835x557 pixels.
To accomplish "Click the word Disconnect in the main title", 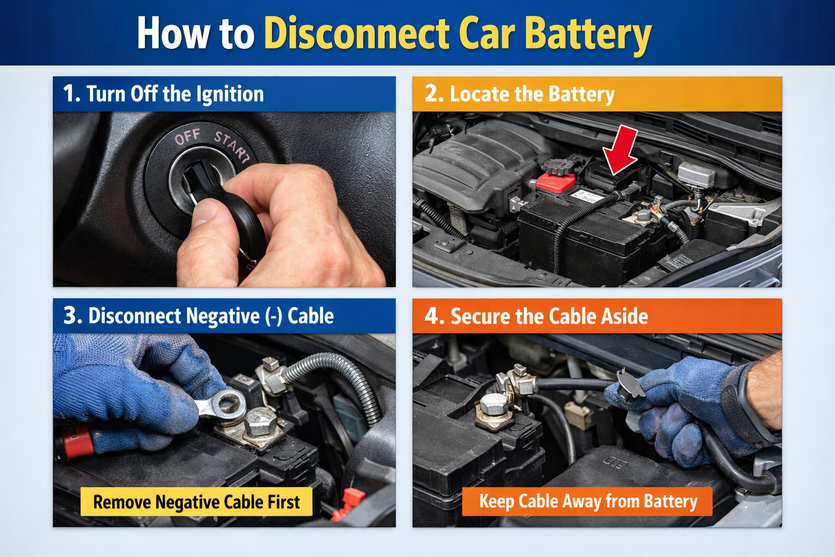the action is coord(357,34).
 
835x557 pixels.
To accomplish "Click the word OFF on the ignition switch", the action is coord(188,137).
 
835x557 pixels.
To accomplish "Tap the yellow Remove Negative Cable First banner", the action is coord(196,502).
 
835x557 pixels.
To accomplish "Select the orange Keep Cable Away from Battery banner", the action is coord(587,502).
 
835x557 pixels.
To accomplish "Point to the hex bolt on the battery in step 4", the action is coord(494,404).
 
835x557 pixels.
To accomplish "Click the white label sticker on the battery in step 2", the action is coord(586,195).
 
